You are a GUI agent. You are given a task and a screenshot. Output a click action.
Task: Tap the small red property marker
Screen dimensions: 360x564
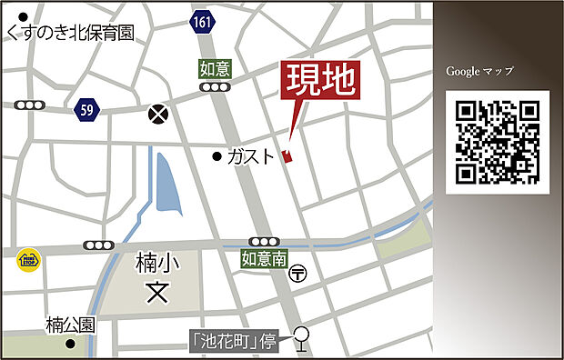(288, 156)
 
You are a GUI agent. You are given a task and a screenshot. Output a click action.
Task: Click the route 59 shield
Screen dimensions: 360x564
(87, 108)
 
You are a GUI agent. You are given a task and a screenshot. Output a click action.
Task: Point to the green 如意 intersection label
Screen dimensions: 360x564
(214, 67)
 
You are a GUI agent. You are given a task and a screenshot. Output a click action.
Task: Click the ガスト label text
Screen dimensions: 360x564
(250, 156)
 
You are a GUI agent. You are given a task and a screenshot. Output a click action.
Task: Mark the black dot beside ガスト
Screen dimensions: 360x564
(217, 156)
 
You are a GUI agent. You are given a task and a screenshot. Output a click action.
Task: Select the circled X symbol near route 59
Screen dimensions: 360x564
(159, 114)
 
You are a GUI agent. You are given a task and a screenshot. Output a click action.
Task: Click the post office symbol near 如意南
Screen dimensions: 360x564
(299, 272)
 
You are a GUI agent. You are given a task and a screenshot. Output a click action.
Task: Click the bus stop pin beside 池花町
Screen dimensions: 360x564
(302, 339)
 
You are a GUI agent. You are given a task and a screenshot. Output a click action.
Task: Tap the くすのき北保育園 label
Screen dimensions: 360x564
(69, 33)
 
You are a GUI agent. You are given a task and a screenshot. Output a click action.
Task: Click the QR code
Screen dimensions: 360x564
(497, 142)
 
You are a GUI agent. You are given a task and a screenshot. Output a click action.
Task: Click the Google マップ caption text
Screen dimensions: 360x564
(479, 71)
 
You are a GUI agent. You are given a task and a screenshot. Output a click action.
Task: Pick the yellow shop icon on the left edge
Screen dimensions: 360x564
(28, 261)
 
